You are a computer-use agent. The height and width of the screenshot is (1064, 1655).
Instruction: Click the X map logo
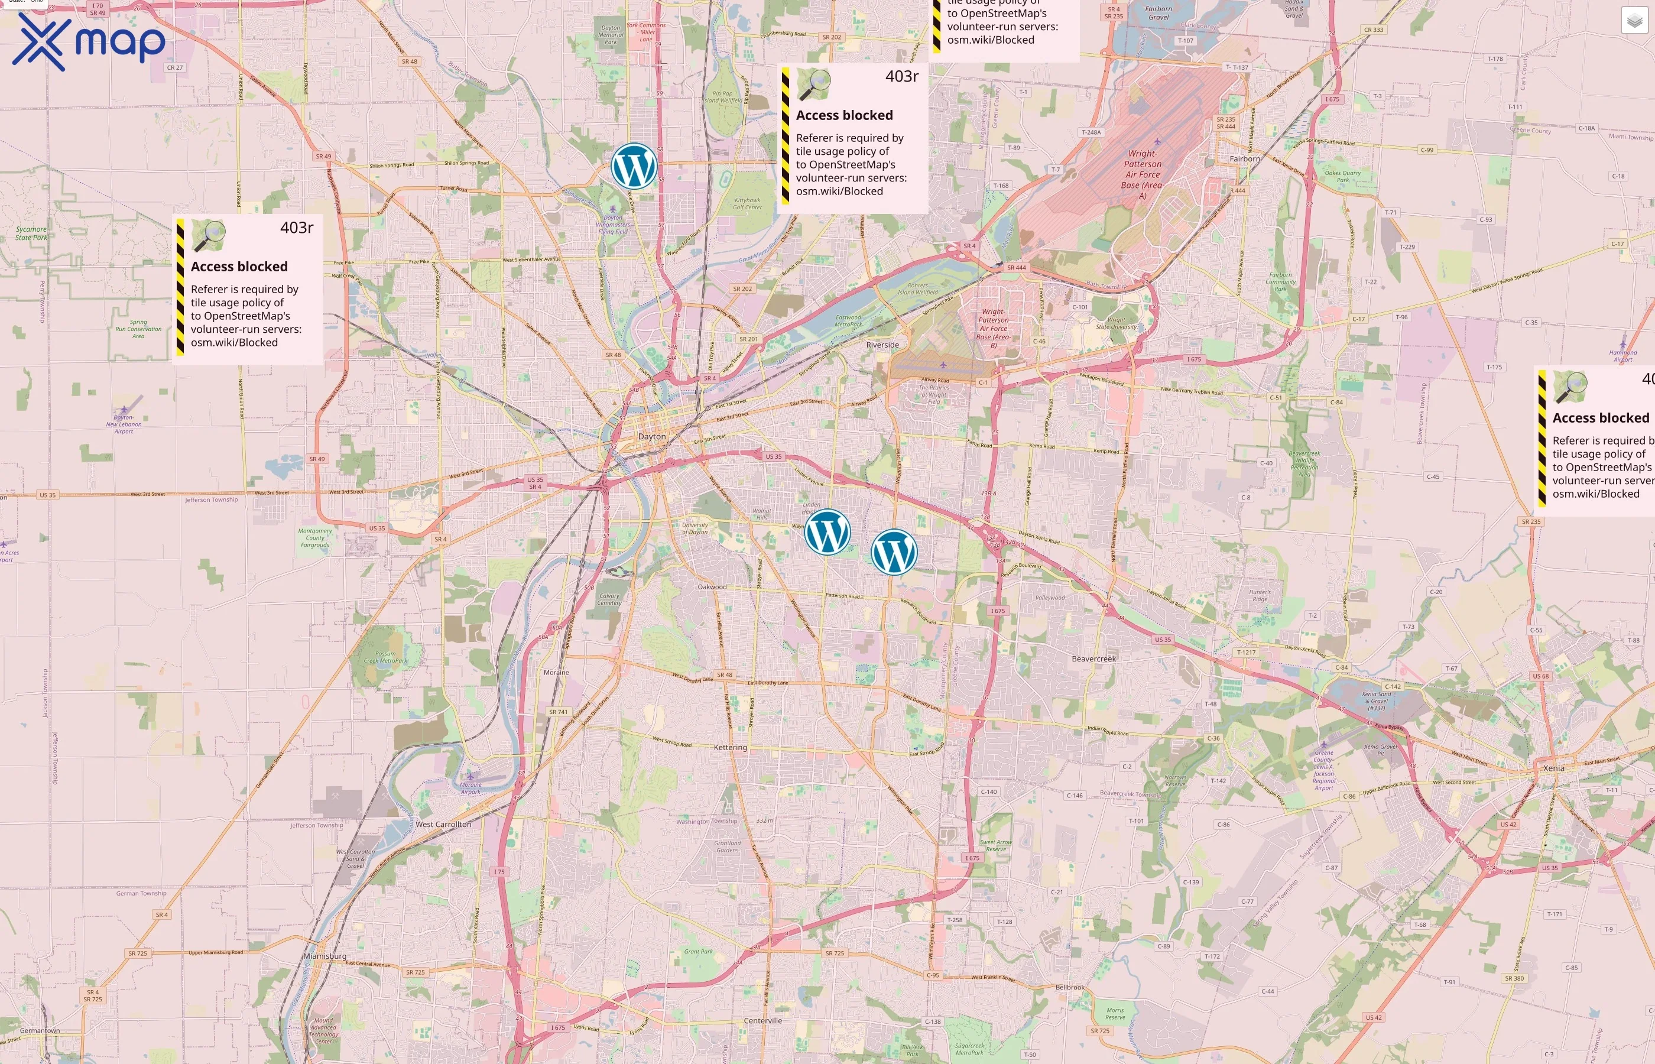point(89,43)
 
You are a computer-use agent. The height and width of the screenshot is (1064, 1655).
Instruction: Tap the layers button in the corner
point(1634,21)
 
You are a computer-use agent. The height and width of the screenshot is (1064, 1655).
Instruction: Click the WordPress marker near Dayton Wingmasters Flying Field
point(634,166)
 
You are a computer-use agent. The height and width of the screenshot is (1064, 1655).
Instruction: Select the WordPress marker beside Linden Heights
point(827,532)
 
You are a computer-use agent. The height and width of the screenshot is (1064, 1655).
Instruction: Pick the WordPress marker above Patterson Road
point(894,552)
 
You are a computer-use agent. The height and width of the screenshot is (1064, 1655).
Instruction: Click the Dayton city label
point(651,437)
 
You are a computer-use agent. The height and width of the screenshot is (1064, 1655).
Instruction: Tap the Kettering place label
point(730,748)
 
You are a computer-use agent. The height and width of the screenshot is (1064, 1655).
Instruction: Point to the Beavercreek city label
point(1093,659)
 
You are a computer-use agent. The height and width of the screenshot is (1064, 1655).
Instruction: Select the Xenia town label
point(1553,768)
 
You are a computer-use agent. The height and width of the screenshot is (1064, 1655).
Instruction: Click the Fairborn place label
point(1245,159)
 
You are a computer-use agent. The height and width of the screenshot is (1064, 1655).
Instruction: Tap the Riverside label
point(882,345)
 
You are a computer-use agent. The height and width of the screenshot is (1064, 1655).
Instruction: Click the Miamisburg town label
point(324,956)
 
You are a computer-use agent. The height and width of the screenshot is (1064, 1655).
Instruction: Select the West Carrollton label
point(443,824)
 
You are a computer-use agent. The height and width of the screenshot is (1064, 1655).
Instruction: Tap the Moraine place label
point(556,672)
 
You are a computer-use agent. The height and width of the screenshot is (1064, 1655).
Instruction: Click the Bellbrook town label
point(1069,987)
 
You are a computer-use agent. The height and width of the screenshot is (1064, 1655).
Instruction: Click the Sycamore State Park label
point(31,233)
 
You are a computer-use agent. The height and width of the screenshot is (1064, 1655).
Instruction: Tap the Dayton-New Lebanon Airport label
point(124,424)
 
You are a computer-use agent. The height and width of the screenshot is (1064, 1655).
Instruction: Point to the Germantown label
point(40,1030)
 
